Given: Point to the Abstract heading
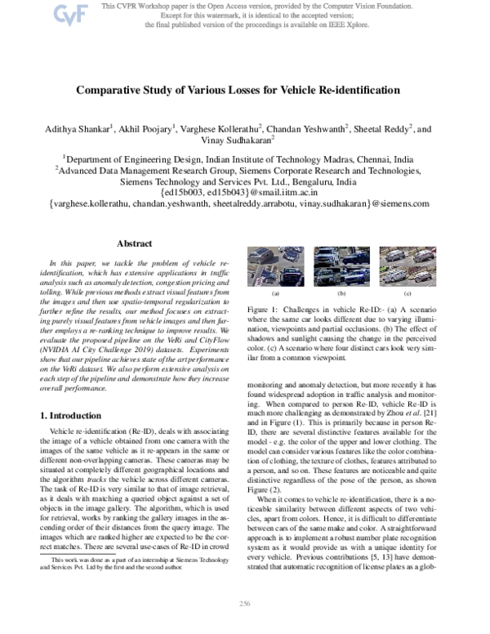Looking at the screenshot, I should point(134,243).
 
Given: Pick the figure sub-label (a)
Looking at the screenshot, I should point(275,292).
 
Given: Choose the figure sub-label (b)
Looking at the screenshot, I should point(341,292).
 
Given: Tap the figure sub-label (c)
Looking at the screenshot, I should point(407,292).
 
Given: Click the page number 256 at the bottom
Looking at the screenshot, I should point(244,626).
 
